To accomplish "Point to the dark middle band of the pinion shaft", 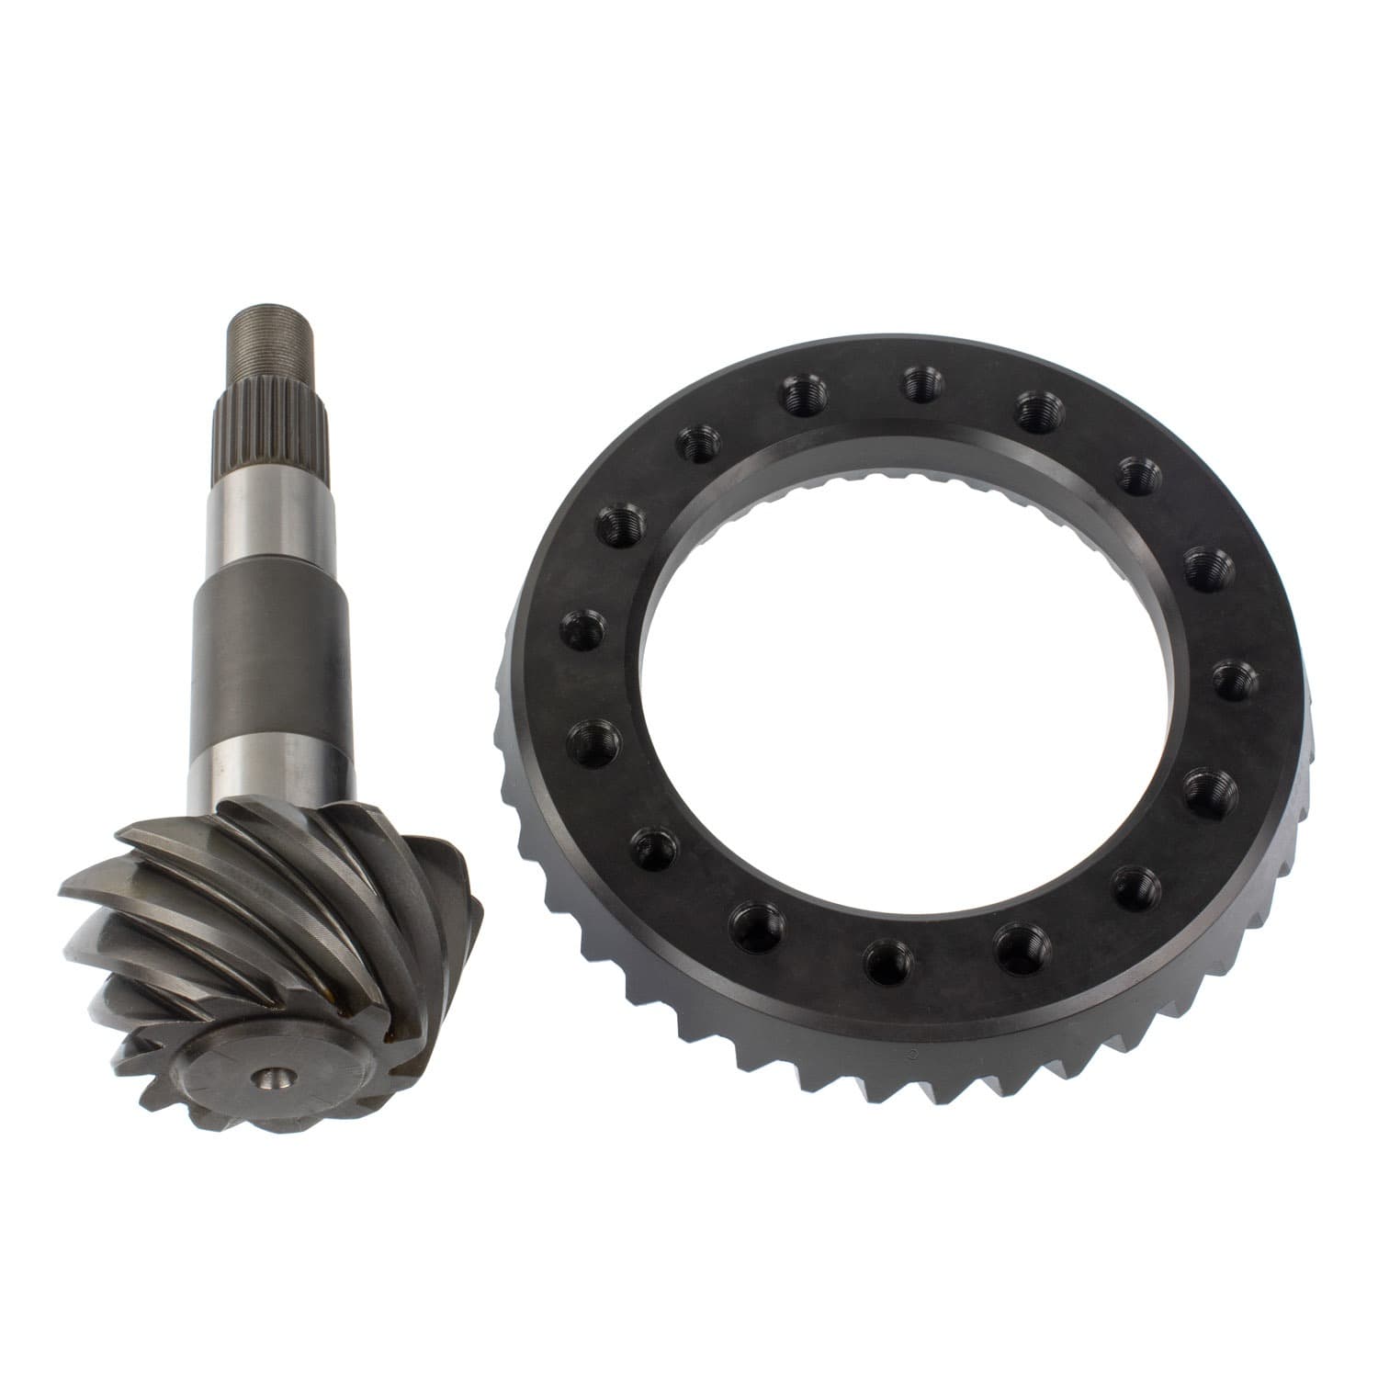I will [272, 657].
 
